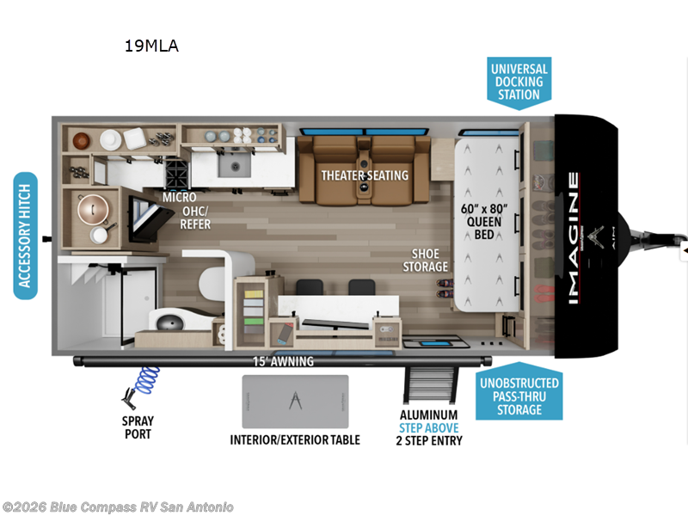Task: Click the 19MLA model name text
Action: [x=150, y=46]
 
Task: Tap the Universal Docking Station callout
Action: [x=519, y=82]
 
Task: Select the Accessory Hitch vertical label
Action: [x=25, y=236]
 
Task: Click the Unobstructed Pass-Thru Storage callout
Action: [x=518, y=396]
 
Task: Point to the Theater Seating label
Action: [x=365, y=175]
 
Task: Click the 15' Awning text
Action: [x=283, y=361]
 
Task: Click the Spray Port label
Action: [x=137, y=427]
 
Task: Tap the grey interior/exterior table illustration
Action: [x=295, y=402]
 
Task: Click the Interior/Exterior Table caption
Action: [x=295, y=439]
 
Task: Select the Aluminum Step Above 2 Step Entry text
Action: [x=428, y=427]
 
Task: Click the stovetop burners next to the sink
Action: [x=178, y=174]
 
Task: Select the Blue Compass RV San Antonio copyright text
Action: [x=118, y=507]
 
